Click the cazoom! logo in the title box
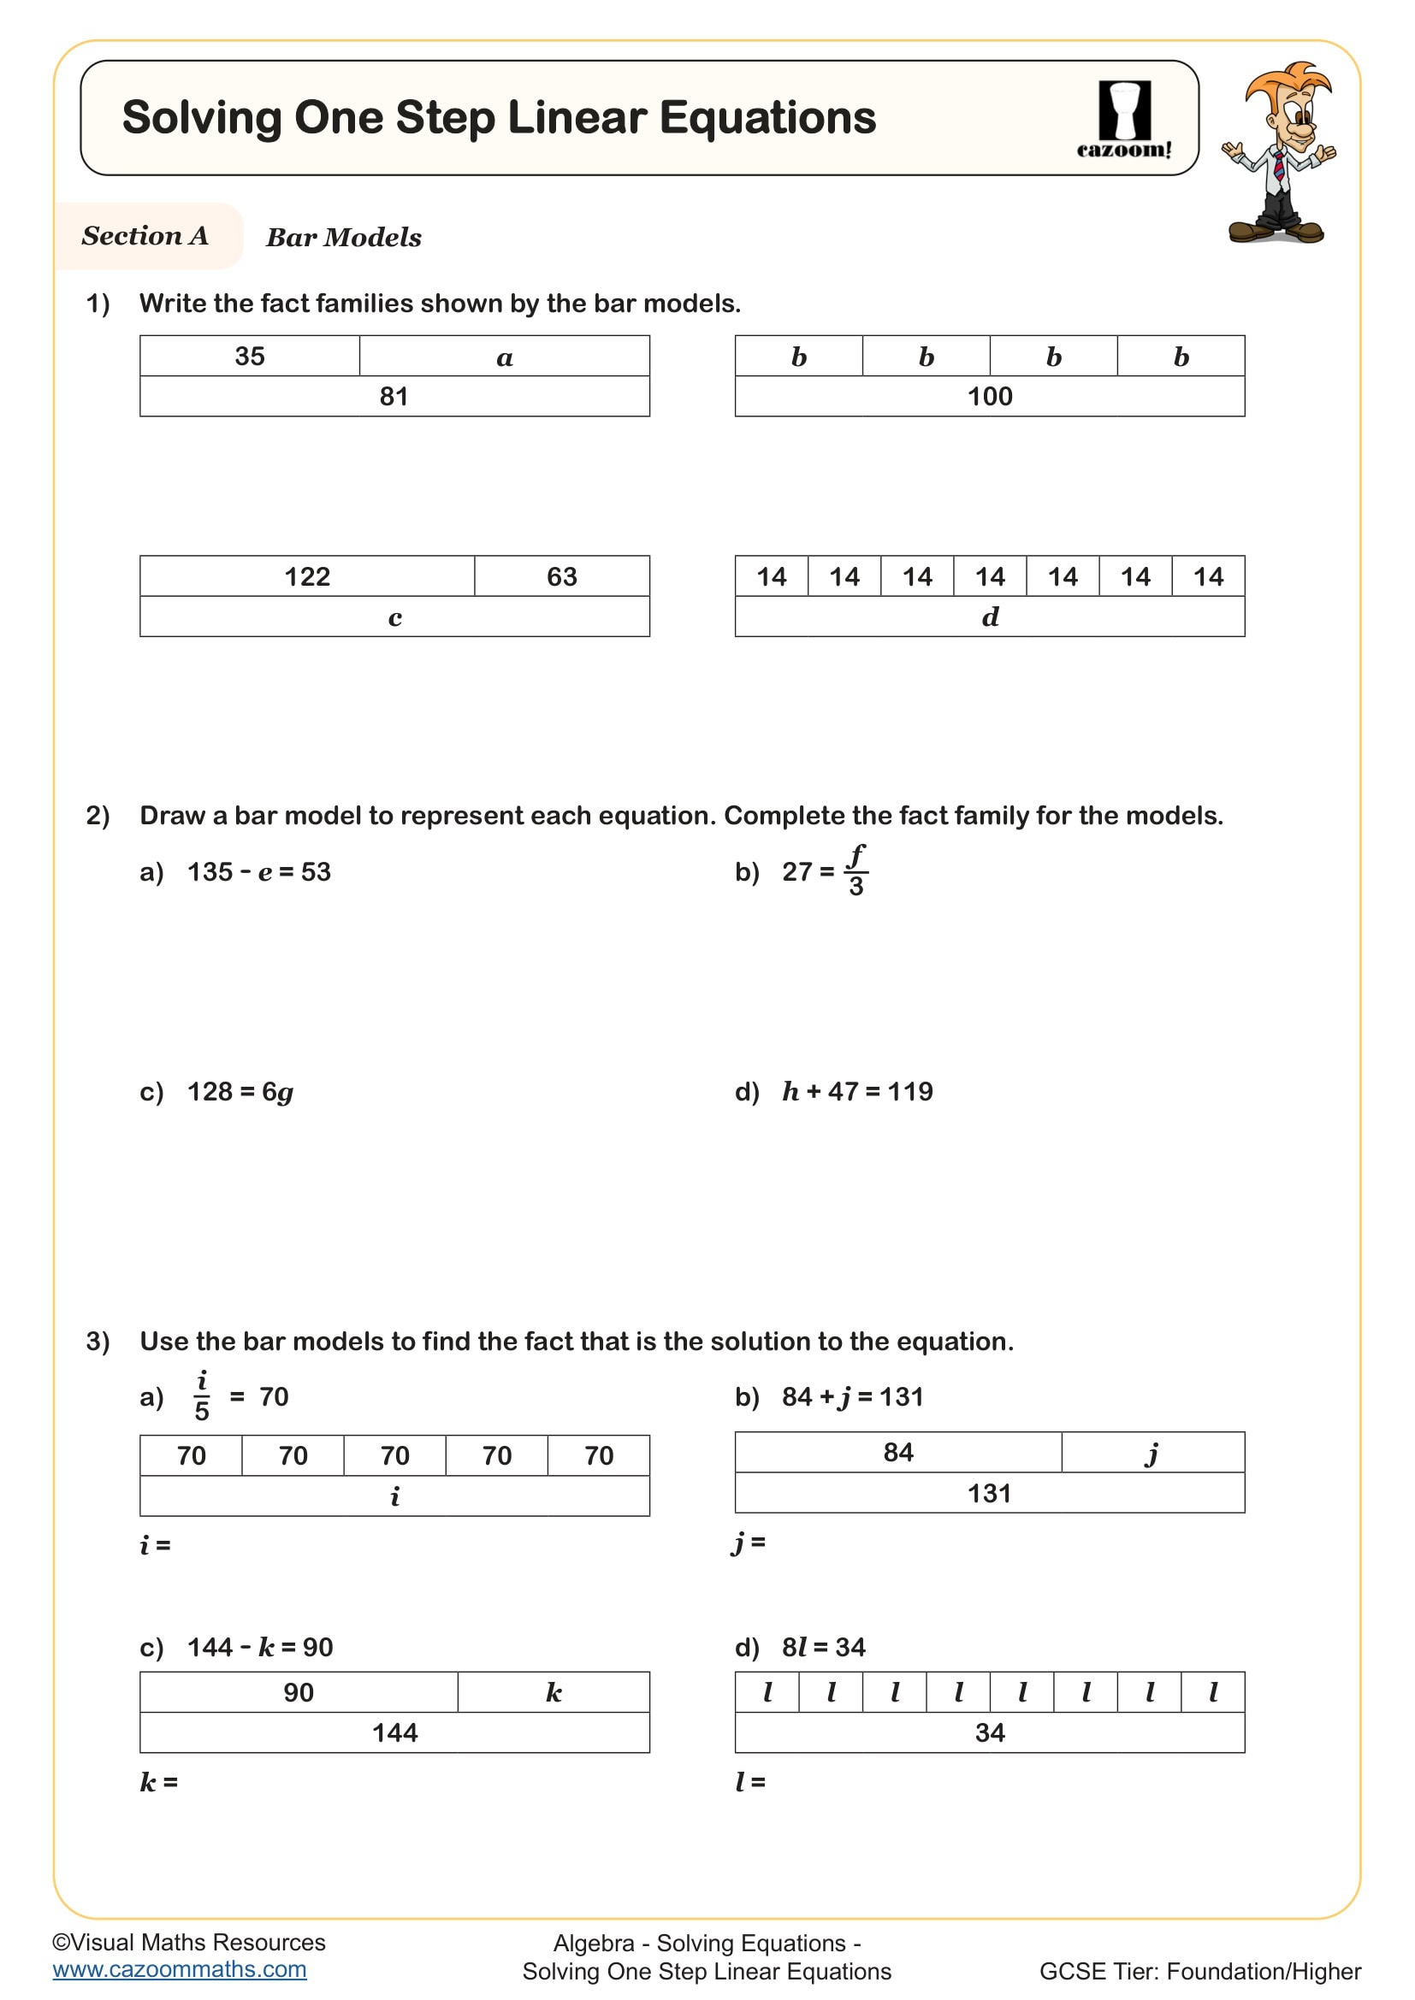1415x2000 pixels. point(1124,120)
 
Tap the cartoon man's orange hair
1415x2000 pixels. point(1288,83)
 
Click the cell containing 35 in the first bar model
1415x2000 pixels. point(250,357)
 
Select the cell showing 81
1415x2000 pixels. point(394,397)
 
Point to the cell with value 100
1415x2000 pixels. point(989,397)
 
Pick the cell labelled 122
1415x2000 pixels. point(307,576)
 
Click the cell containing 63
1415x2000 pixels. point(561,576)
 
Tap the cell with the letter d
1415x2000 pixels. point(989,617)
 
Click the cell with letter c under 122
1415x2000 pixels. point(394,617)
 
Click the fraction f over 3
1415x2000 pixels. point(856,870)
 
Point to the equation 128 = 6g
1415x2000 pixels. point(240,1091)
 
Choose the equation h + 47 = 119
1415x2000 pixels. point(856,1091)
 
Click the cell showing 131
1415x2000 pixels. point(989,1493)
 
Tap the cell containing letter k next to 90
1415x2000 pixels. point(554,1691)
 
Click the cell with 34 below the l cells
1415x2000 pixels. point(989,1732)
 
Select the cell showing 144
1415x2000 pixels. point(394,1732)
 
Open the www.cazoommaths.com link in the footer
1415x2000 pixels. point(180,1969)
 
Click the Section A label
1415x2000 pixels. point(145,236)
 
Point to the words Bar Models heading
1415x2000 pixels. point(343,237)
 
